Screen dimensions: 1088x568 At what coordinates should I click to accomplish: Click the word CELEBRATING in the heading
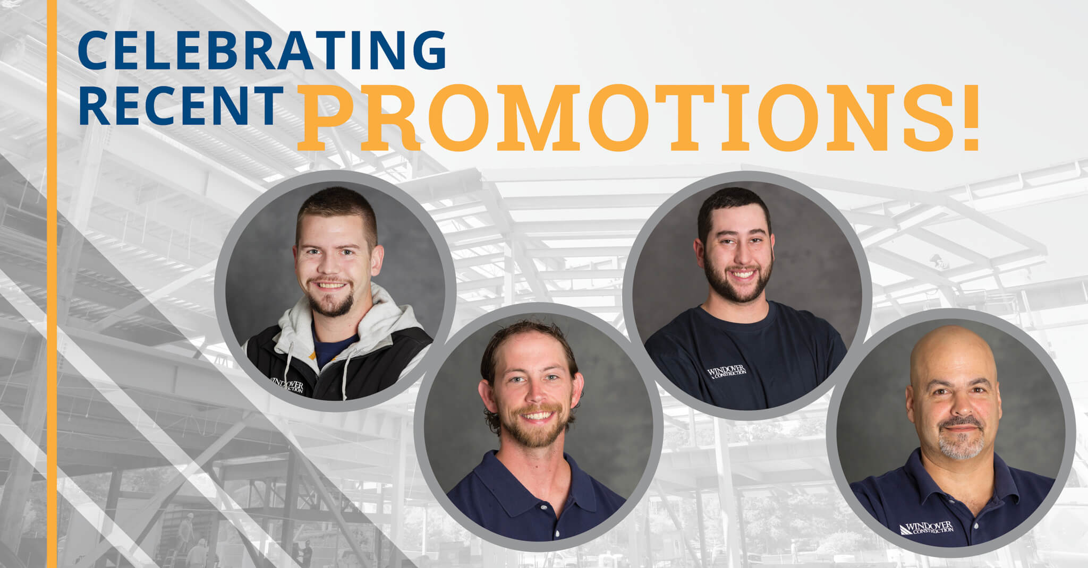[x=262, y=50]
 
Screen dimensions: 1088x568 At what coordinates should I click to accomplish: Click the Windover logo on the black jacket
[x=287, y=385]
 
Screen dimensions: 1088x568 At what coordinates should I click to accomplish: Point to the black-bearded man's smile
[x=742, y=274]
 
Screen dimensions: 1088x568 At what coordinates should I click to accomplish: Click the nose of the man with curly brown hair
[x=534, y=395]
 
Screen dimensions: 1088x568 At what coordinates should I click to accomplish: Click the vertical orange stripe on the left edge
[x=52, y=284]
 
